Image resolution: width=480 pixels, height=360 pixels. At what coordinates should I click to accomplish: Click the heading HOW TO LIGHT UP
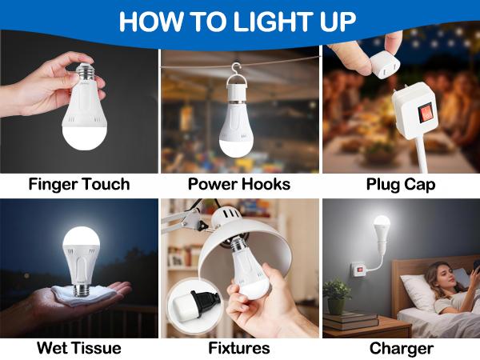click(x=239, y=21)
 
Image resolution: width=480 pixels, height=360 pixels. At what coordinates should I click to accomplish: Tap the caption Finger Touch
click(x=78, y=185)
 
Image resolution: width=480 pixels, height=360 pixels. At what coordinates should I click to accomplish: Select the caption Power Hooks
click(x=239, y=185)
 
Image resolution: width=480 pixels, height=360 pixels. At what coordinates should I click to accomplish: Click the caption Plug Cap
click(x=401, y=185)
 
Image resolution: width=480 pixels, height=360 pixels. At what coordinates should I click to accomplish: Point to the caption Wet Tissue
click(x=78, y=348)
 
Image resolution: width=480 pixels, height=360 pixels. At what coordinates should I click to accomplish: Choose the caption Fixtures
click(x=239, y=348)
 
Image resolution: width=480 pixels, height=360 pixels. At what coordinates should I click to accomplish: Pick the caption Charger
click(x=401, y=348)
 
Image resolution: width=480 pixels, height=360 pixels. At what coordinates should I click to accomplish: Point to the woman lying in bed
click(x=445, y=288)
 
